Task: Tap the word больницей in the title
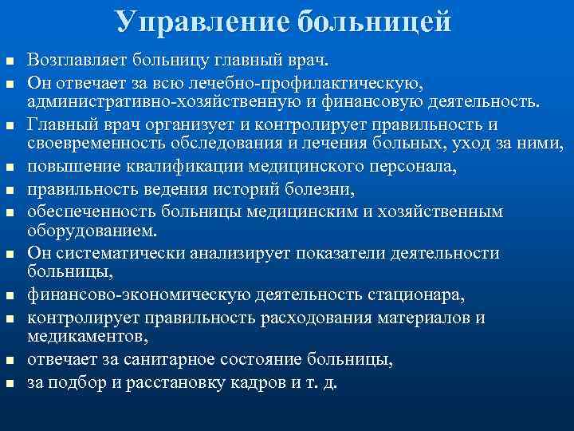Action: point(376,22)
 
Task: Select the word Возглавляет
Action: point(74,60)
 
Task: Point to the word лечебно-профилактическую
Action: point(340,81)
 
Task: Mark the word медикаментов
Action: point(84,337)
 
